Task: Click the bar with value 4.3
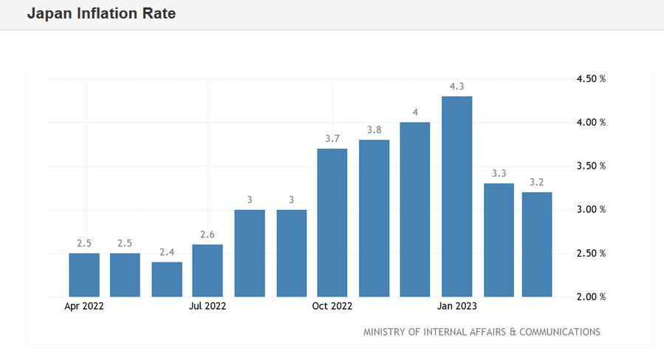coord(456,197)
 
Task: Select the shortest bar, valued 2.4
coord(167,279)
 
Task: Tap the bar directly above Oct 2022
coord(332,223)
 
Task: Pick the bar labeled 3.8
coord(374,218)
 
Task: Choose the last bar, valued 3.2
coord(537,245)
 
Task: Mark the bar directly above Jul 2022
coord(208,271)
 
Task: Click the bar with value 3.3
coord(499,240)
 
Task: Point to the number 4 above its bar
coord(415,112)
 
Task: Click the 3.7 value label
coord(332,138)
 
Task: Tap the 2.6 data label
coord(208,234)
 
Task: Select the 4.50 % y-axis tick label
coord(591,78)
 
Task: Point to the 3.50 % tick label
coord(591,166)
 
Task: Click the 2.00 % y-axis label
coord(591,297)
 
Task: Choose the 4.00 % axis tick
coord(591,122)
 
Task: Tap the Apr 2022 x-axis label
coord(84,305)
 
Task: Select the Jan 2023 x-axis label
coord(456,305)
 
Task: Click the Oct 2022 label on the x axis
coord(332,305)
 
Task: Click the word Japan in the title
coord(49,13)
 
